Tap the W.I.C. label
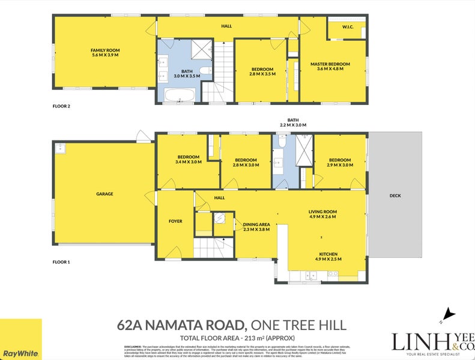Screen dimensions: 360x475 (x=346, y=26)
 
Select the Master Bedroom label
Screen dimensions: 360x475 (x=330, y=64)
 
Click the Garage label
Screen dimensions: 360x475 (x=104, y=194)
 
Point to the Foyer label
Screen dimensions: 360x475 (x=175, y=221)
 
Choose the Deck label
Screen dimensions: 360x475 (x=395, y=196)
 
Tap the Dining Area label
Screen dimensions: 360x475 (x=256, y=224)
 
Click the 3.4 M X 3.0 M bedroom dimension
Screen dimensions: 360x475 (x=188, y=162)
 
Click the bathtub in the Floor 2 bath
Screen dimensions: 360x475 (x=178, y=95)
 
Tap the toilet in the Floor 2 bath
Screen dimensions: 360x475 (x=204, y=72)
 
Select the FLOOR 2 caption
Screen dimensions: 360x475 (x=61, y=106)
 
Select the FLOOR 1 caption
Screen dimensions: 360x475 (x=61, y=262)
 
